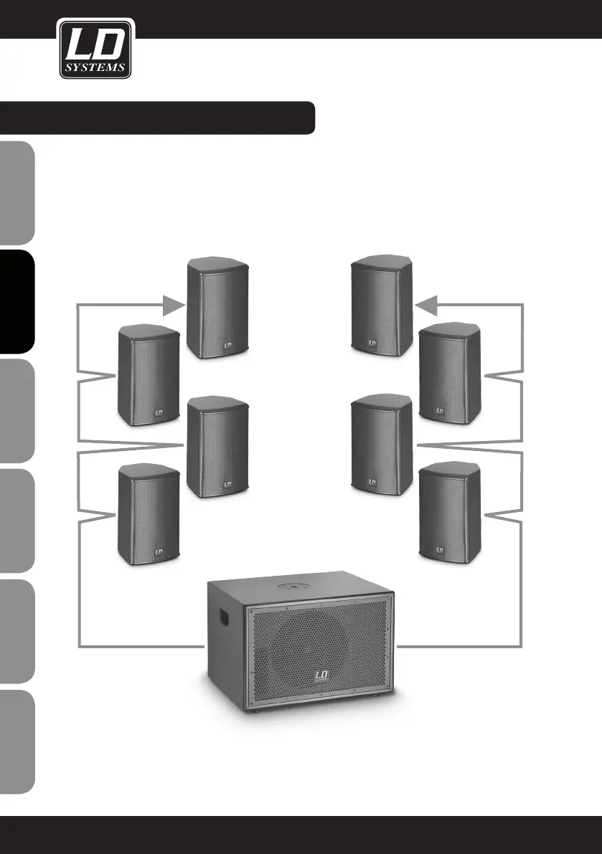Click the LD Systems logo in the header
pos(94,49)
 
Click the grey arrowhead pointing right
pos(173,306)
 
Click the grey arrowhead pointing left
pos(427,306)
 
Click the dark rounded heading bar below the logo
pos(158,118)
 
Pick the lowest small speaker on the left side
pos(148,513)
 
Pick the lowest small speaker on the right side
pos(448,513)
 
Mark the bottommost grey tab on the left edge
pos(17,741)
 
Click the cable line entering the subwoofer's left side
pos(144,647)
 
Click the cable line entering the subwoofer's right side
pos(459,647)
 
